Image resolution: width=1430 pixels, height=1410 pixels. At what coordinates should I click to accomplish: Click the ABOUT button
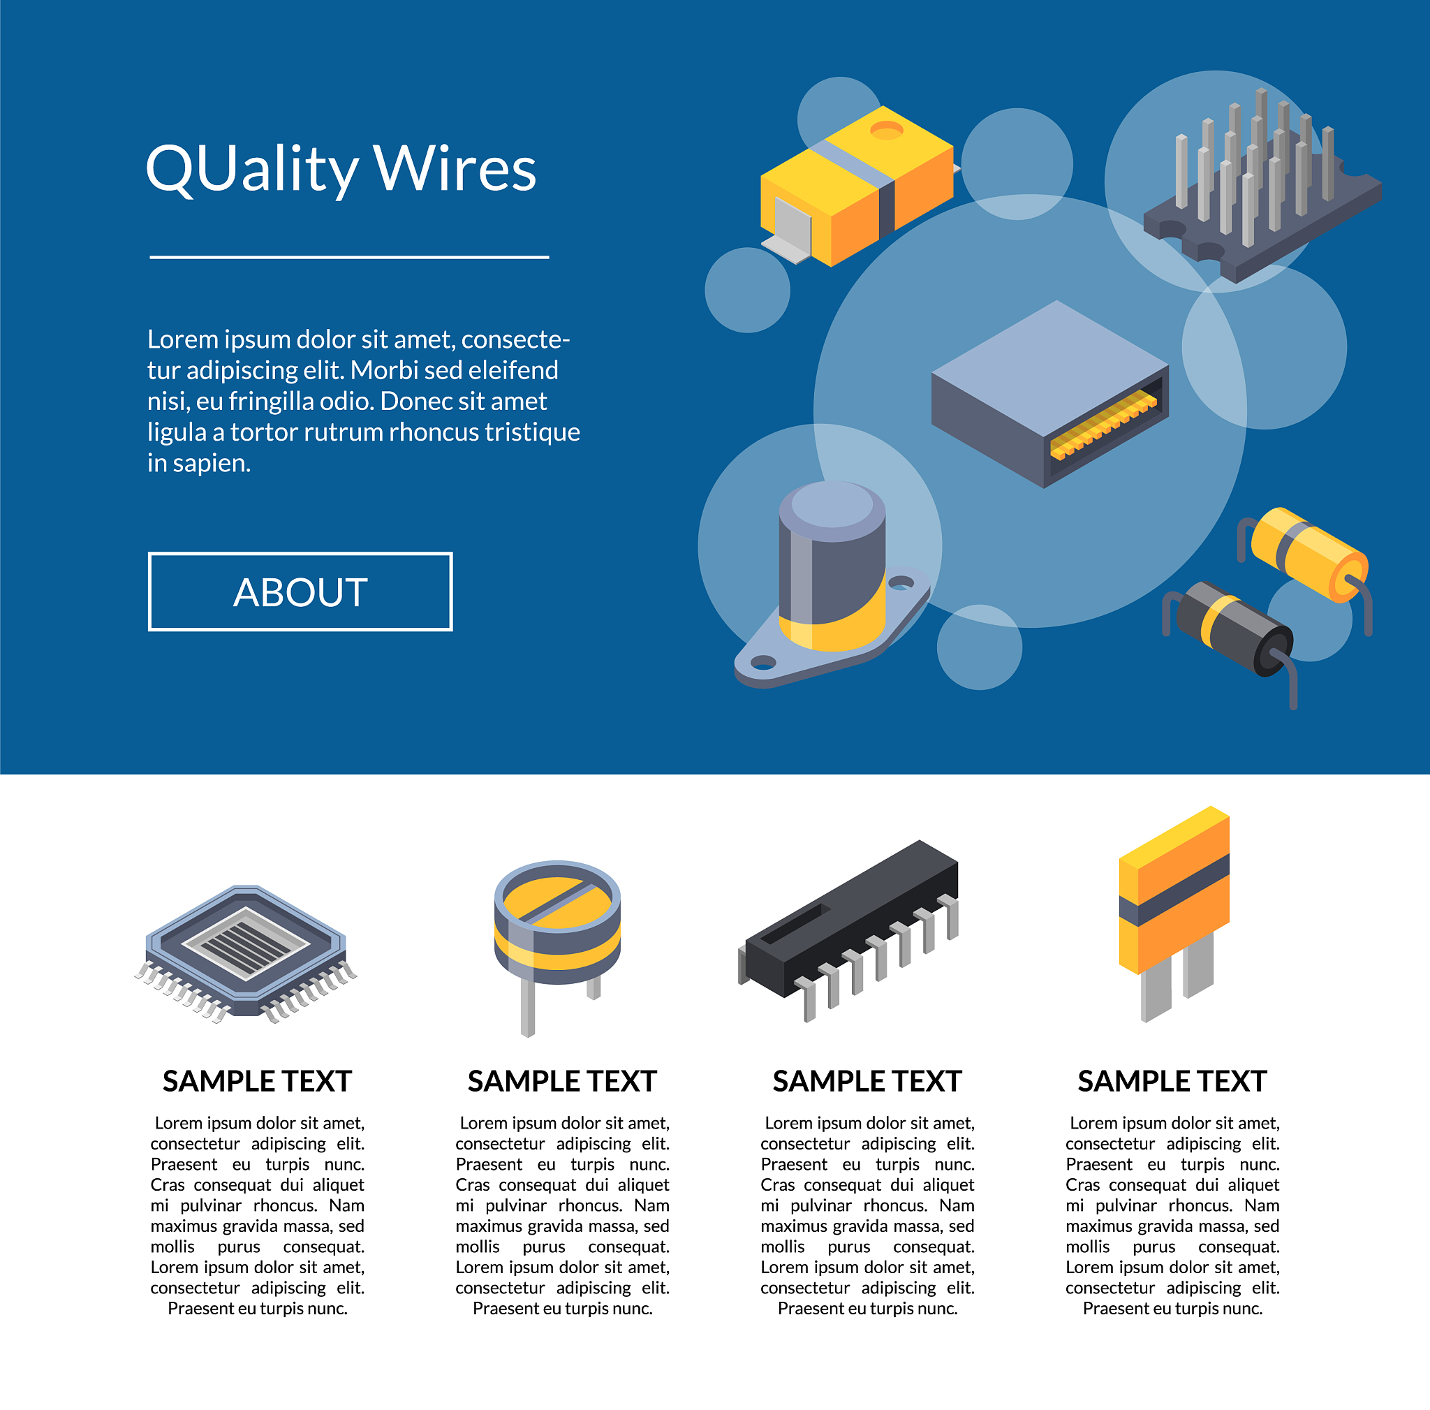[300, 592]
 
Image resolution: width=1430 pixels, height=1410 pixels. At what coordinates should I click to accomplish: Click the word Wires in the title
[455, 169]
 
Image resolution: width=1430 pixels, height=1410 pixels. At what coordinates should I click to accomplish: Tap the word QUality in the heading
[251, 170]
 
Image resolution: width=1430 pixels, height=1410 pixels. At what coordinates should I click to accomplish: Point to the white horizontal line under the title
[349, 257]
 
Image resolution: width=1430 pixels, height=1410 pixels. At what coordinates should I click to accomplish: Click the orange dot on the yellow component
[886, 131]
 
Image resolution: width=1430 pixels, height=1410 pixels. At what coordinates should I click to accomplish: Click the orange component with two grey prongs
[1174, 914]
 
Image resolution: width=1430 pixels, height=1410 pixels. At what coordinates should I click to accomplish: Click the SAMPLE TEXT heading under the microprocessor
[257, 1081]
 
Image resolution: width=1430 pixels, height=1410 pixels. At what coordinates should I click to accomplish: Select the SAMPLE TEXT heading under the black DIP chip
[867, 1081]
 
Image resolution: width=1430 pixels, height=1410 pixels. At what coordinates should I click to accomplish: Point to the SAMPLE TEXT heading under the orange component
[1172, 1081]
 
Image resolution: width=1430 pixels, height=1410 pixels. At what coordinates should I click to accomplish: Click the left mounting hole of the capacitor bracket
[762, 661]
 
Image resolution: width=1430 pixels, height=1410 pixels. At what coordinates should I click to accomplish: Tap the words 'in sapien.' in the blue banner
[199, 463]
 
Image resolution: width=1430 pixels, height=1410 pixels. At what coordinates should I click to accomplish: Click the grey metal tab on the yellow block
[790, 231]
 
